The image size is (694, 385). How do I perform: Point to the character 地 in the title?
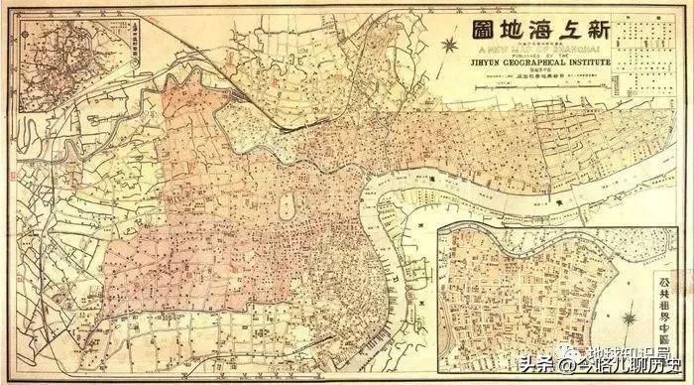[x=517, y=27]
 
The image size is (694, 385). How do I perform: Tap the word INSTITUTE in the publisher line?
[x=584, y=63]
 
